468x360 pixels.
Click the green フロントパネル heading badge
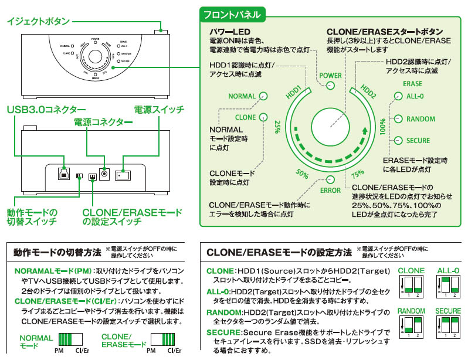(232, 13)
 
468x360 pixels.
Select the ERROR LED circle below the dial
(330, 179)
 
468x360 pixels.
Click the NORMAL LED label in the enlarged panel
(242, 96)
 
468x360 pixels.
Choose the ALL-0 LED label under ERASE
(418, 97)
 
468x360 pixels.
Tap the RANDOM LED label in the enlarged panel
(420, 119)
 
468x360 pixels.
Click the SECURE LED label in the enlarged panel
(418, 141)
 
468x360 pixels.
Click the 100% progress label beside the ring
(382, 127)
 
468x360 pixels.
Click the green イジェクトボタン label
(38, 22)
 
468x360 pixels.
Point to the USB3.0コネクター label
(46, 110)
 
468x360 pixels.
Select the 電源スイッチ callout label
(159, 110)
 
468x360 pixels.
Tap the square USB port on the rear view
(62, 174)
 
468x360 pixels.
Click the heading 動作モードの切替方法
(57, 252)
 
